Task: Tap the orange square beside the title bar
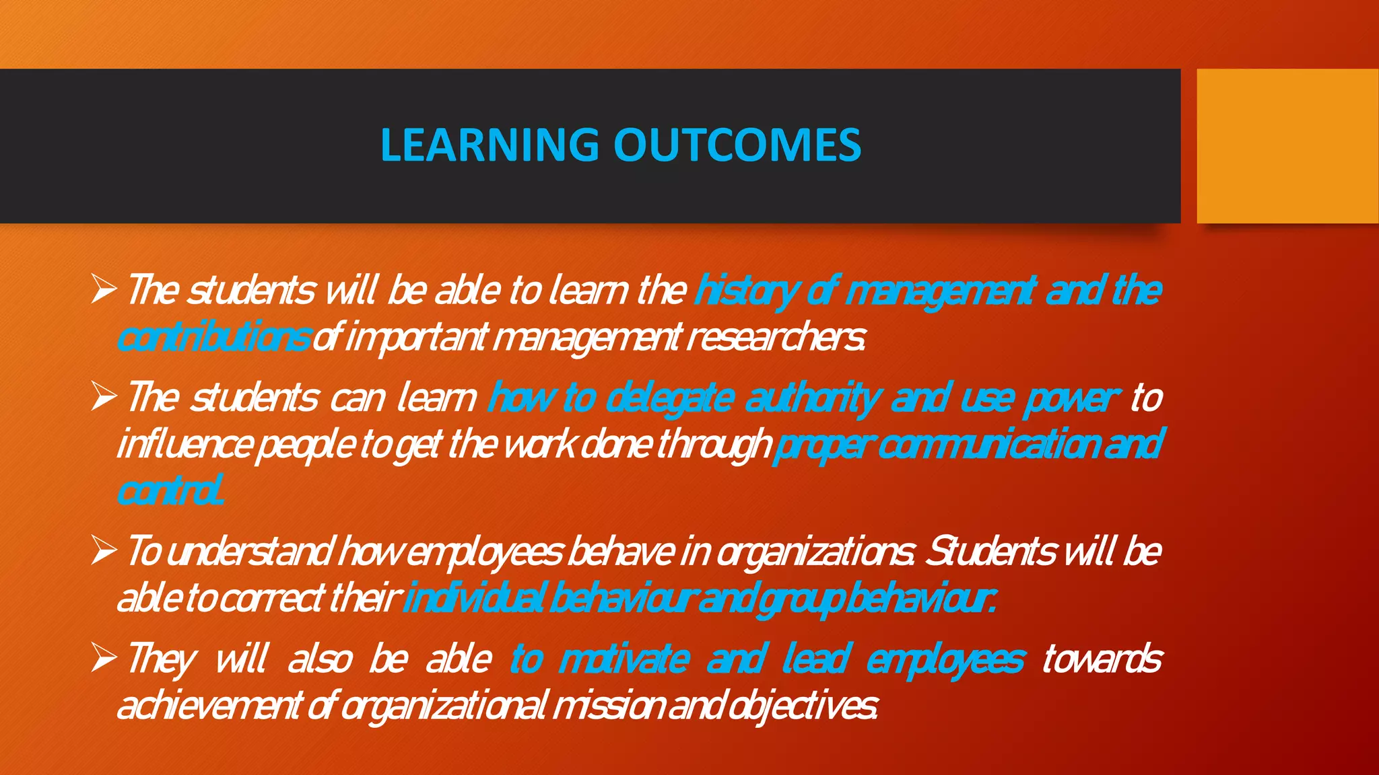click(x=1287, y=146)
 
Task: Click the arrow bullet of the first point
click(x=104, y=290)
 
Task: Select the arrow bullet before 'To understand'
click(x=104, y=551)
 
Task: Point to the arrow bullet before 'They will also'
click(x=104, y=658)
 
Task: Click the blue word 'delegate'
click(x=669, y=398)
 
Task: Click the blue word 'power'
click(x=1071, y=398)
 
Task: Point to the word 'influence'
click(x=185, y=445)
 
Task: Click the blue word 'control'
click(x=170, y=491)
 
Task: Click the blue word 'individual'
click(x=474, y=598)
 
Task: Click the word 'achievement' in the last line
click(x=209, y=706)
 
